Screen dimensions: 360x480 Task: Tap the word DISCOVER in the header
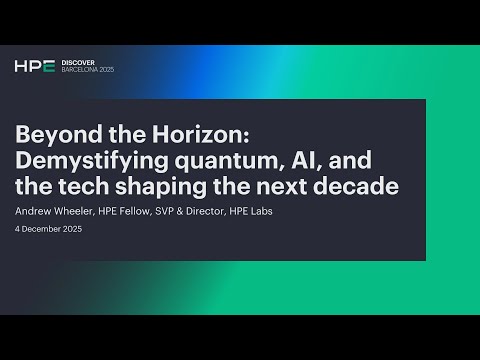coord(77,62)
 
